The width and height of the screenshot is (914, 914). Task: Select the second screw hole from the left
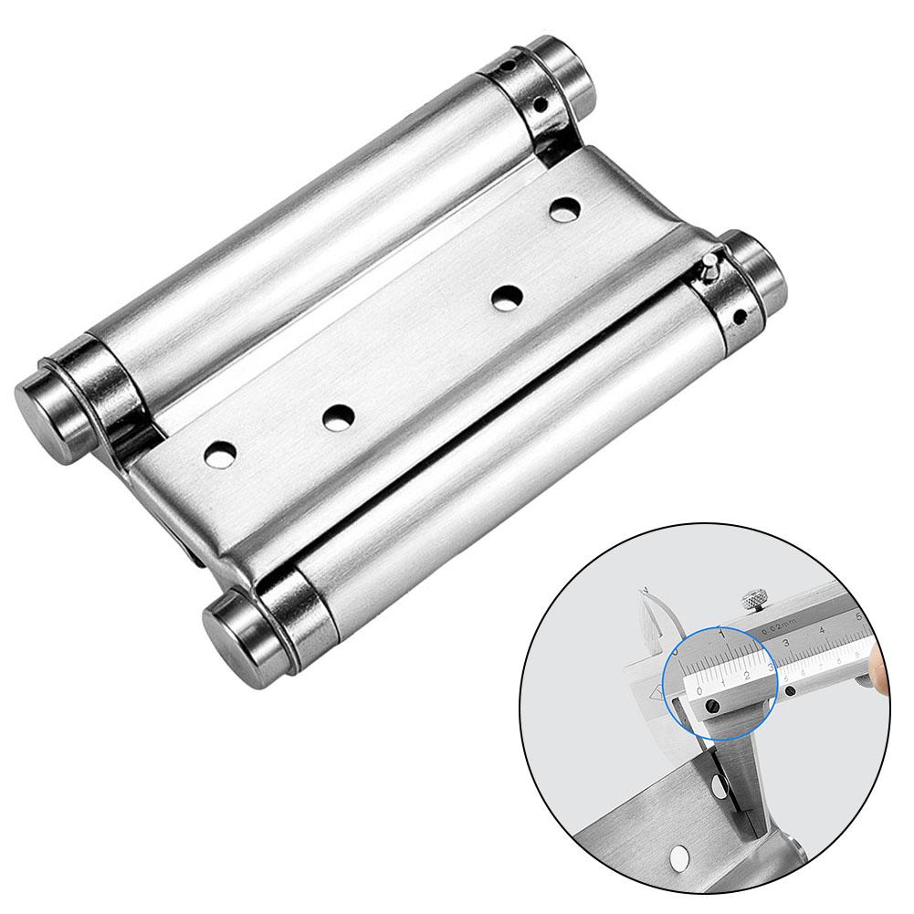(339, 416)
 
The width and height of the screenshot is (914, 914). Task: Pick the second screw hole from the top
(504, 297)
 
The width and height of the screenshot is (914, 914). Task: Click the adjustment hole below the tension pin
(737, 317)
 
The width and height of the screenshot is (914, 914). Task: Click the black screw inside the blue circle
(718, 707)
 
